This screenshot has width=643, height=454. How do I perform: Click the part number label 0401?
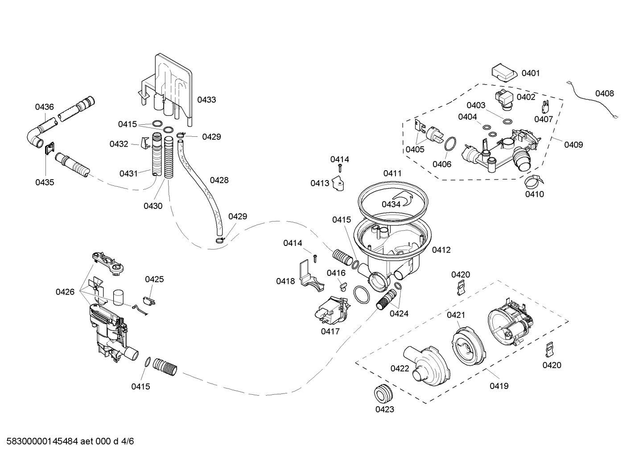[531, 73]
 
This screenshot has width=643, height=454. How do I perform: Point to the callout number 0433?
[206, 100]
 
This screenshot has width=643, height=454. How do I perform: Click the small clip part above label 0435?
[49, 147]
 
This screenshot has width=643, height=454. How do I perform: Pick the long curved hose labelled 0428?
[198, 187]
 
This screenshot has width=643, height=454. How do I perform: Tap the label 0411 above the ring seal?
[392, 173]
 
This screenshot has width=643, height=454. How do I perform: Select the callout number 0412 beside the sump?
[441, 250]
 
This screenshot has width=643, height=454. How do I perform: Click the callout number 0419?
[499, 386]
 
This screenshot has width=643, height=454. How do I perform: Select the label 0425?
[154, 279]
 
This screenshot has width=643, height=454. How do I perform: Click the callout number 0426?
[65, 292]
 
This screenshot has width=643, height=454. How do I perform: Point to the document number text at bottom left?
[67, 442]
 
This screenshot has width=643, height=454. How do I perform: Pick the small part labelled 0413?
[340, 184]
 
